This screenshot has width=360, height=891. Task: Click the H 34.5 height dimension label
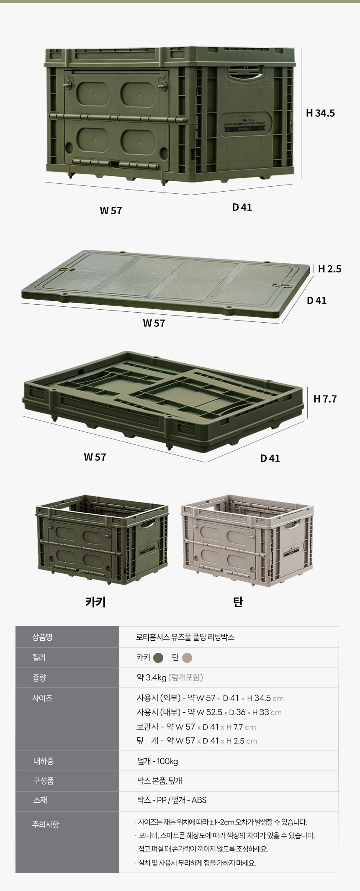320,113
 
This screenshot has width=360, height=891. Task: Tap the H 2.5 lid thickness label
329,269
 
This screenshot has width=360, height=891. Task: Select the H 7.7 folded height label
325,399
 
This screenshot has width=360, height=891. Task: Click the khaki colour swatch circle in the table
158,658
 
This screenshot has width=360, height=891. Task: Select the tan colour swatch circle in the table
187,658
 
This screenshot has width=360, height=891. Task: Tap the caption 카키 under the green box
95,602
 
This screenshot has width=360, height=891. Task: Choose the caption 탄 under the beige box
238,602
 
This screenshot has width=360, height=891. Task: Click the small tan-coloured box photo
247,541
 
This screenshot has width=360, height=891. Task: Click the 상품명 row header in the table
42,637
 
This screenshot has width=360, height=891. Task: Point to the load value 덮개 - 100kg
157,761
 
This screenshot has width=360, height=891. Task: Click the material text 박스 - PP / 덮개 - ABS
172,800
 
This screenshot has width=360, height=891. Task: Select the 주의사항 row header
46,824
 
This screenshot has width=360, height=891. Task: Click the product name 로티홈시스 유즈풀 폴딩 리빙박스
185,637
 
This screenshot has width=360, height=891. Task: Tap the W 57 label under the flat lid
154,323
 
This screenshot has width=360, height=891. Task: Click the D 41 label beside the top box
242,207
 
